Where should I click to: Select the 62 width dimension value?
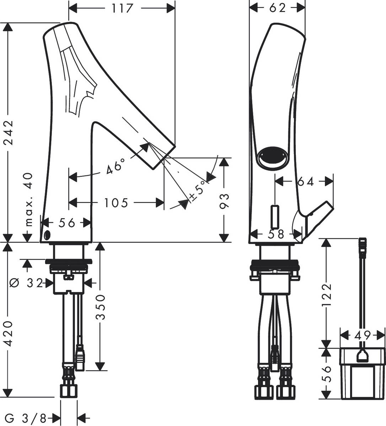click(x=277, y=8)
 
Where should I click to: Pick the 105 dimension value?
click(x=116, y=203)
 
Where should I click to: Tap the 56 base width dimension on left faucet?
click(x=66, y=223)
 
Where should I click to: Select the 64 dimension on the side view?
click(x=305, y=181)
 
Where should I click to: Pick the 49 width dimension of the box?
click(x=362, y=335)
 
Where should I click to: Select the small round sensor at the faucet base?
click(x=47, y=235)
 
